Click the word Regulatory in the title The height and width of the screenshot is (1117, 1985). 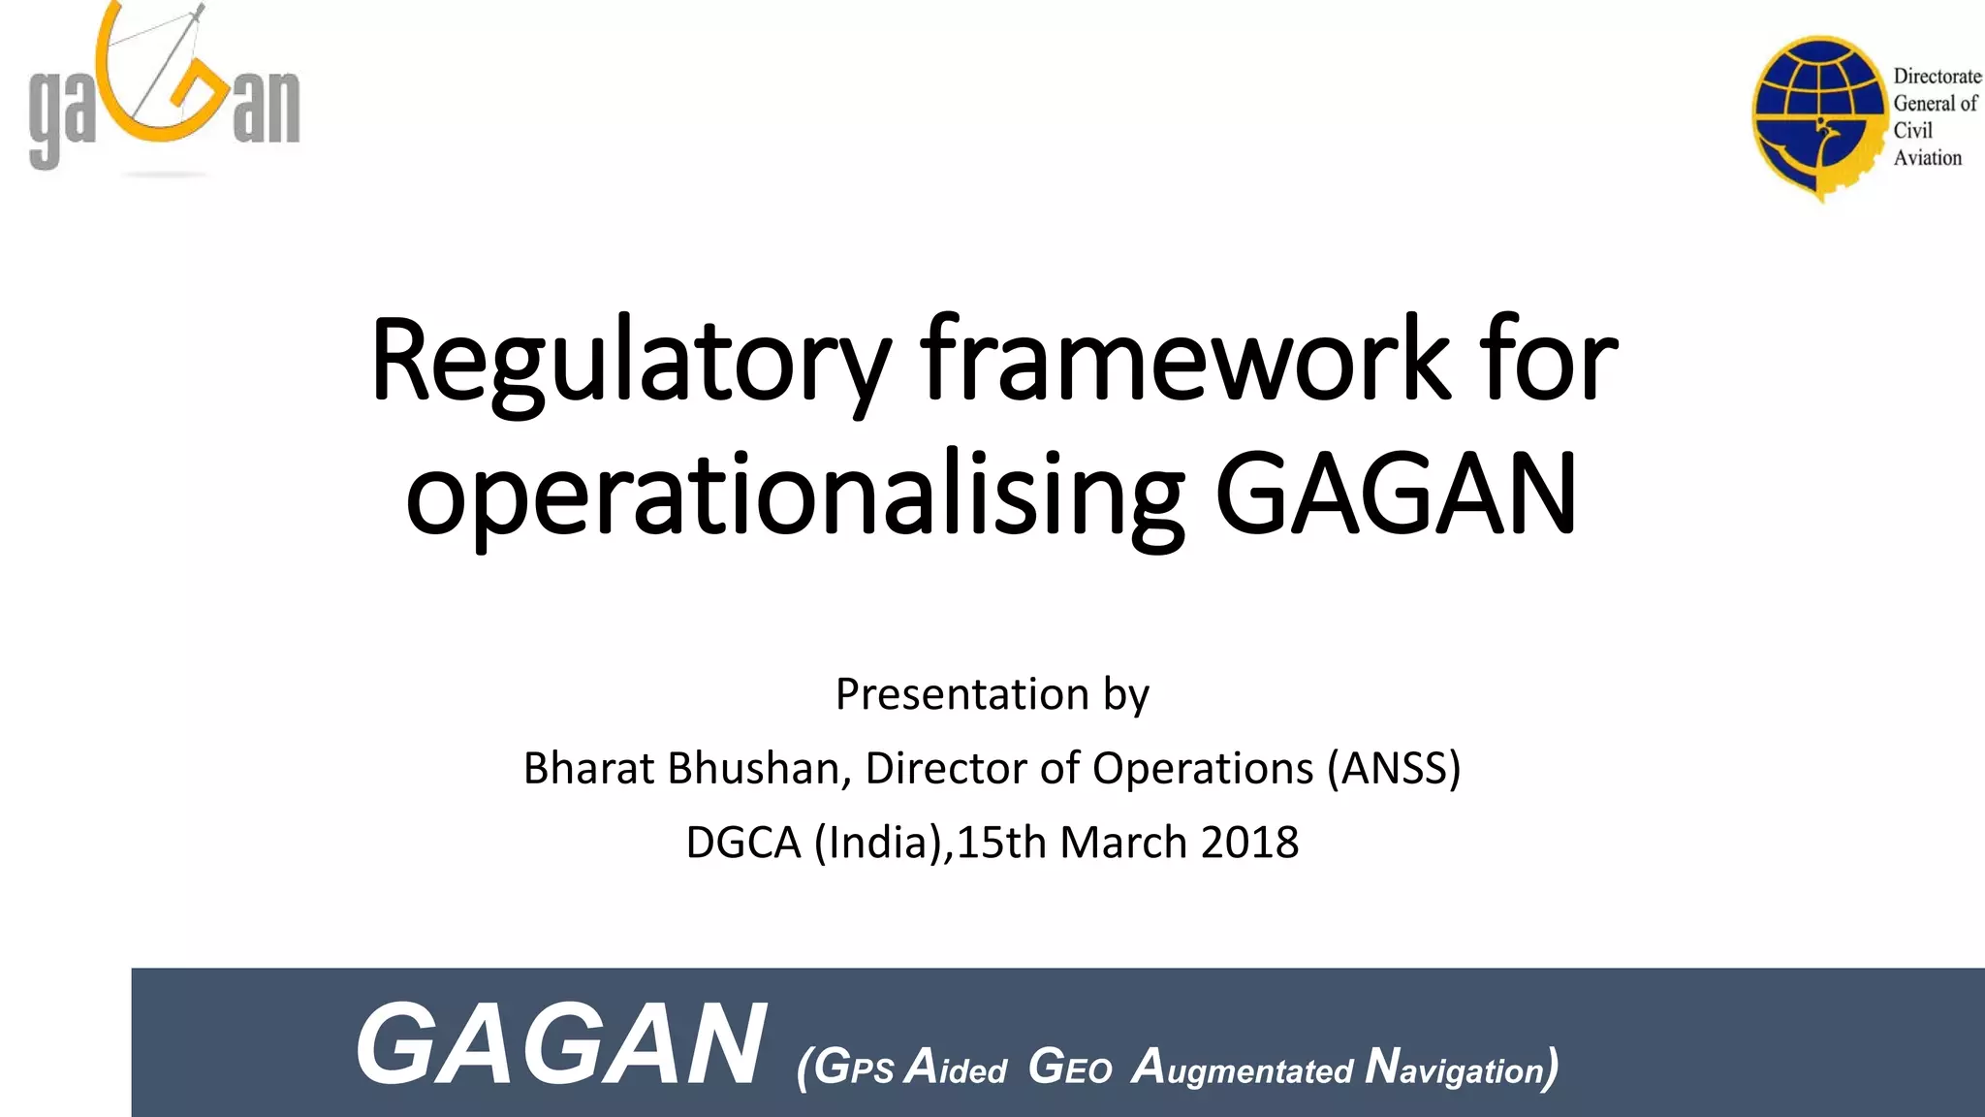click(x=630, y=361)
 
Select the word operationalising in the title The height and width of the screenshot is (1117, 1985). click(x=795, y=496)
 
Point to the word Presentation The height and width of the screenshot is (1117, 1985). click(x=961, y=694)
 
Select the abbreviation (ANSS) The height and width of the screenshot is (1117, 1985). click(x=1394, y=768)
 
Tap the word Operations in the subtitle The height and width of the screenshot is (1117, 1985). click(x=1202, y=768)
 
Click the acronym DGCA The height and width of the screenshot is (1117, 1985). click(x=742, y=842)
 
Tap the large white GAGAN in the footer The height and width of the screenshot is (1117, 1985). click(x=560, y=1045)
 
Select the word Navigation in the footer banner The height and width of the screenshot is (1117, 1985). click(x=1460, y=1068)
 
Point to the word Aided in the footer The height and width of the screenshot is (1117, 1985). click(x=956, y=1068)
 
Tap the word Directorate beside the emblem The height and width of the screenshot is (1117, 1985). click(x=1937, y=76)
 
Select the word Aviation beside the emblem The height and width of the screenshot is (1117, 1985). click(x=1927, y=157)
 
